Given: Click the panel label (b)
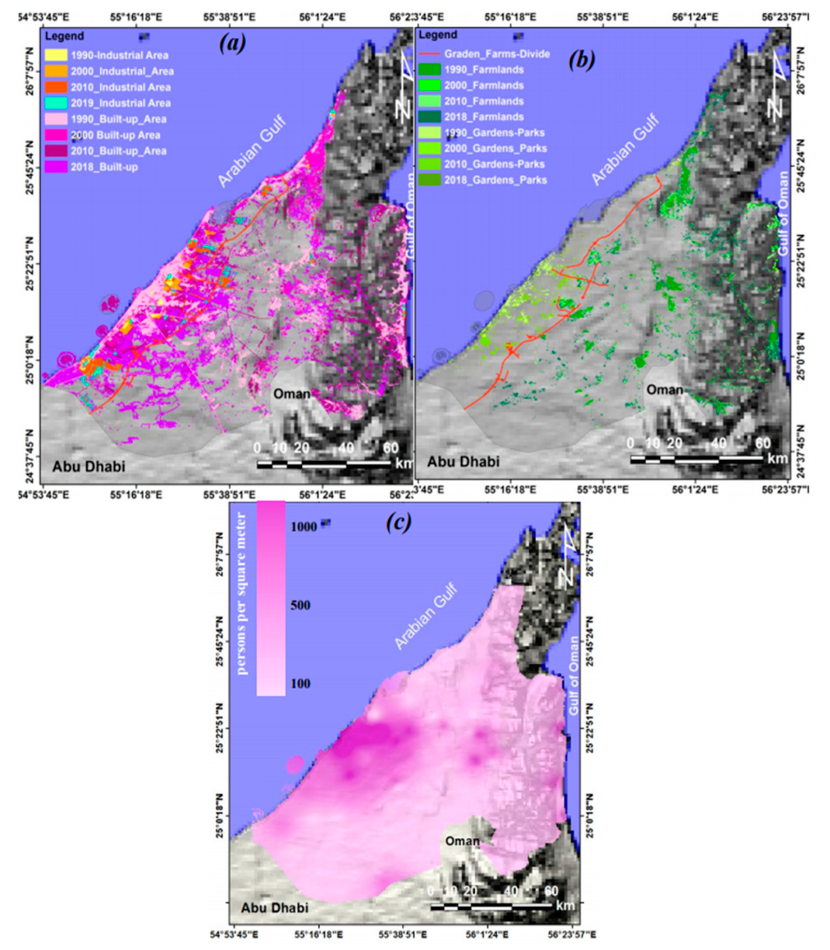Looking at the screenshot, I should [582, 60].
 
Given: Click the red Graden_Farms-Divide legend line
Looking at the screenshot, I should [429, 54].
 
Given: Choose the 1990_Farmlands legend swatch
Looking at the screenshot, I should [429, 70].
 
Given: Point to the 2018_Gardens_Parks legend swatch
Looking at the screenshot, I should [429, 180].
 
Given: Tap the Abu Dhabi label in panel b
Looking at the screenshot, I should [463, 461].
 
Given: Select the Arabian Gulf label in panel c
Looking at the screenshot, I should [426, 617].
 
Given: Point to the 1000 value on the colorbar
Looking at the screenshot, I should [304, 527].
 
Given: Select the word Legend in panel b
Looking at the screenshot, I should [441, 35].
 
